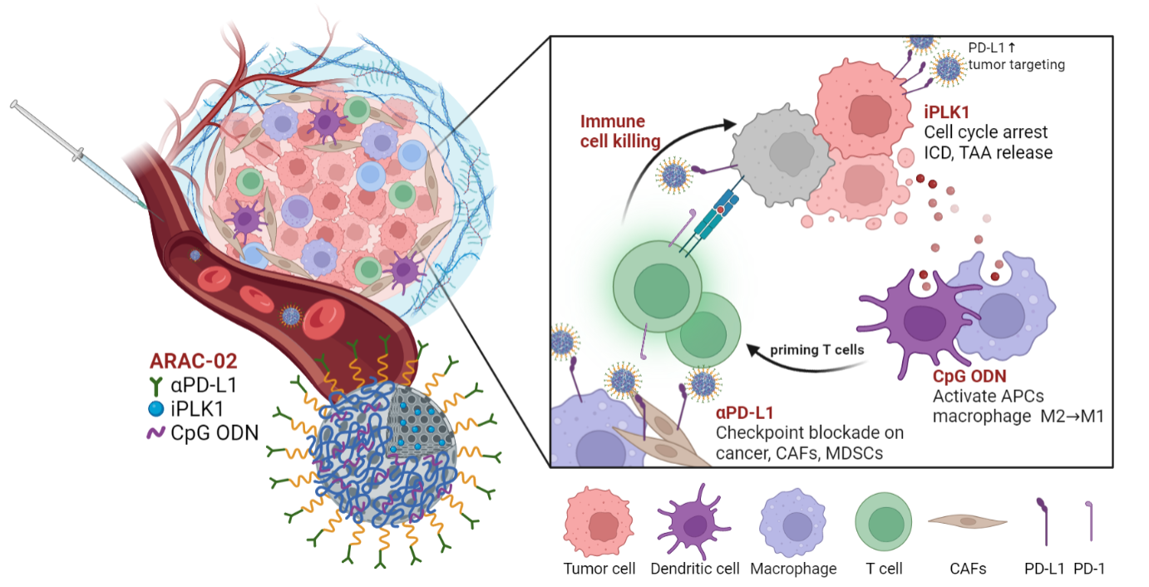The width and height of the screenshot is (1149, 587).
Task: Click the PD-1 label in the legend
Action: [x=1090, y=569]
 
